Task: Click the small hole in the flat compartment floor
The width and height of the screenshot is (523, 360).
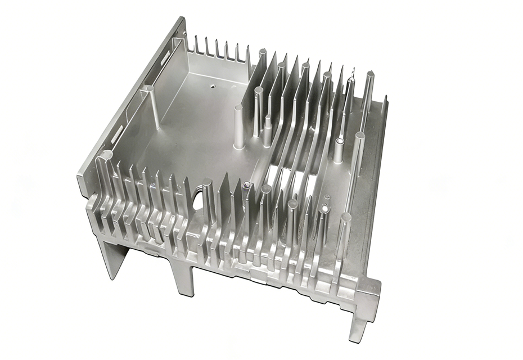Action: tap(213, 87)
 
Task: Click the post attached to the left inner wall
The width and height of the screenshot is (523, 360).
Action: tap(152, 107)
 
